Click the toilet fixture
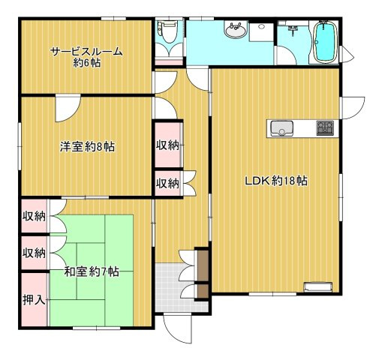167,31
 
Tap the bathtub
325,41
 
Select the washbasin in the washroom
236,30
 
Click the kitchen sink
282,128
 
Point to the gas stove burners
325,127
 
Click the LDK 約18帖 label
276,181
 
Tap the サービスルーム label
86,52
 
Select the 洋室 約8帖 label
87,147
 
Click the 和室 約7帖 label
92,271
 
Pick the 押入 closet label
34,300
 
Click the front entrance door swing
177,328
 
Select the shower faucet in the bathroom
293,30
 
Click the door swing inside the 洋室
68,108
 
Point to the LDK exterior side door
352,108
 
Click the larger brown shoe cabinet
203,265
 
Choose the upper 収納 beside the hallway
167,145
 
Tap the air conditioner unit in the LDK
318,286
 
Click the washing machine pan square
261,32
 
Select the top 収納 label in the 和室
34,216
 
